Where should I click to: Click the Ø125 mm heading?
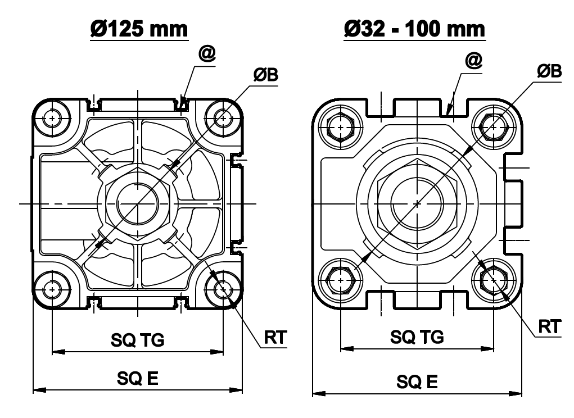point(139,29)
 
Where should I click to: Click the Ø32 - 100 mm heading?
point(414,29)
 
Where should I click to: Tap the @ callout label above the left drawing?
point(207,54)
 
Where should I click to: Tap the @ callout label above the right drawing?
point(474,60)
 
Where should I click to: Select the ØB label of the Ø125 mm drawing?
point(266,75)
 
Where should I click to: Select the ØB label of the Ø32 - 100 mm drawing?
point(549,71)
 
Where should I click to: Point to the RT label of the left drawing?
point(275,337)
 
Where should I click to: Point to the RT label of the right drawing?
point(549,326)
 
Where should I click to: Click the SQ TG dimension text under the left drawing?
point(138,340)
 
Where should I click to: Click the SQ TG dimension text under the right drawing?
point(417,337)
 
